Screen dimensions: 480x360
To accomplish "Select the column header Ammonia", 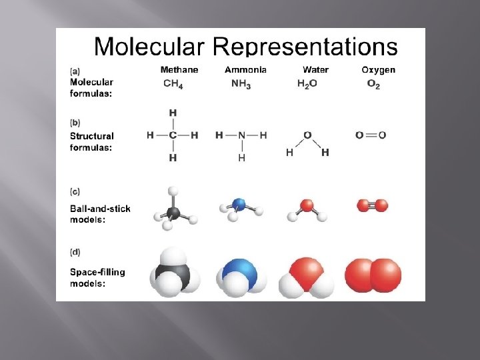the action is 245,69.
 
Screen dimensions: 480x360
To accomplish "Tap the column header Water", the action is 315,69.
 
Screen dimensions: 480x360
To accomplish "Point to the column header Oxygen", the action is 378,69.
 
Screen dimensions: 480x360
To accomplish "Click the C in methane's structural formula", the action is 173,135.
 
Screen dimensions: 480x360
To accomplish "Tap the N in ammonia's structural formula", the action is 241,135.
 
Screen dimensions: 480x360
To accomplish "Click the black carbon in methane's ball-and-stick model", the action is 173,213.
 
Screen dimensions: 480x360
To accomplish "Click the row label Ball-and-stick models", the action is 100,214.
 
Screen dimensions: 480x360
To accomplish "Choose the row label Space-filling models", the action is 97,277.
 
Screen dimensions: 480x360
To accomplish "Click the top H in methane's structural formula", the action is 173,113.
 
